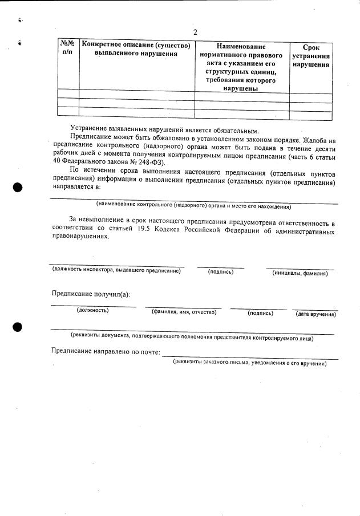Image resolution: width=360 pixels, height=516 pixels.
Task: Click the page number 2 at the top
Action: click(x=195, y=32)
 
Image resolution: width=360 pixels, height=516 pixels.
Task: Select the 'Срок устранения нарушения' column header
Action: click(x=311, y=56)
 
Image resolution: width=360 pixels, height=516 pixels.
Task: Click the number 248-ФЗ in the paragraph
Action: click(x=148, y=162)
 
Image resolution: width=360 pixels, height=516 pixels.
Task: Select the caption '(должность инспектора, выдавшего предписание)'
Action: click(x=116, y=270)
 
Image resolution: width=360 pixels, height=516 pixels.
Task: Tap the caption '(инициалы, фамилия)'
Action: click(x=300, y=273)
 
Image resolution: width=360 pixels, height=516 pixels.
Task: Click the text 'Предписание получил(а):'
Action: click(x=91, y=294)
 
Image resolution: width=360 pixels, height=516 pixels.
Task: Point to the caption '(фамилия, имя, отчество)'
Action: click(x=184, y=312)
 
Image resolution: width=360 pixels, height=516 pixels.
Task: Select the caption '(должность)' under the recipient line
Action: click(x=92, y=310)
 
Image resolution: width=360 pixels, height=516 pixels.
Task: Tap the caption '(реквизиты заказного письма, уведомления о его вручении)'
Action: click(x=250, y=362)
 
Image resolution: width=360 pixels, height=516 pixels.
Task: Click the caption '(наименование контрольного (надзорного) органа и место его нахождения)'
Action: click(x=193, y=206)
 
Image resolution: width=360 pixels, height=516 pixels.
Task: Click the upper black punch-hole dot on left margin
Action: click(x=18, y=188)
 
